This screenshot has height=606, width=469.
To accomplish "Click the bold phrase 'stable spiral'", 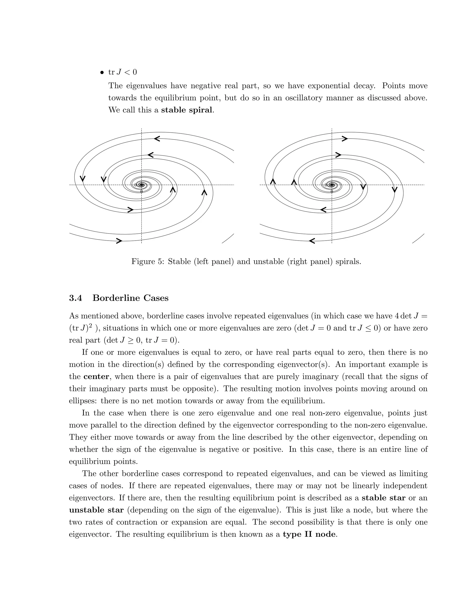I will tap(186, 110).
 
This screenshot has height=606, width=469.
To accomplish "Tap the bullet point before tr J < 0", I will tap(102, 73).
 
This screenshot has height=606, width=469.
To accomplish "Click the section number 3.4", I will tap(76, 298).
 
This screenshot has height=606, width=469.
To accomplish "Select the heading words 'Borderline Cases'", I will tap(130, 298).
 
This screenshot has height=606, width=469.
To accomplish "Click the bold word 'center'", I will tap(96, 377).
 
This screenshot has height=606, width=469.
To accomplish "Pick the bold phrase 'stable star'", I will tap(383, 498).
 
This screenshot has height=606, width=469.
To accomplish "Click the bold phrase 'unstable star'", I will tap(96, 510).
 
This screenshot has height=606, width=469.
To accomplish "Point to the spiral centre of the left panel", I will tap(142, 185).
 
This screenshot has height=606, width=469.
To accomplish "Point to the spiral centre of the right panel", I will tap(332, 185).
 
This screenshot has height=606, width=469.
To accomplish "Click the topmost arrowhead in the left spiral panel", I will tap(157, 138).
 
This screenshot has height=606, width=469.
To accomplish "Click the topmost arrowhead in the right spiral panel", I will tap(344, 138).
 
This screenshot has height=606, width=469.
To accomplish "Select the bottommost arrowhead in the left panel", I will tap(119, 241).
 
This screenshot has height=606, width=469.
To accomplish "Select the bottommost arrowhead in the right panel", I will tap(312, 241).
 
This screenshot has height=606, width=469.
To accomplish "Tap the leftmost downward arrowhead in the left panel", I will tap(82, 178).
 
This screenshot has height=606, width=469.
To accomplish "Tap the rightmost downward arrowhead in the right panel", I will tap(395, 190).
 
